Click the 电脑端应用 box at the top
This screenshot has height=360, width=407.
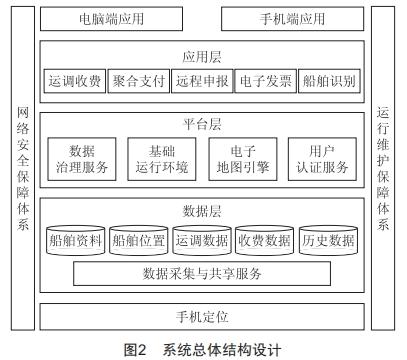click(114, 19)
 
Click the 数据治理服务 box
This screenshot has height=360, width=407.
click(82, 158)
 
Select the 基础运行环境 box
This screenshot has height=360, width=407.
click(161, 158)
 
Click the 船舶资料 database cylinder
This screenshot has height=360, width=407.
click(75, 240)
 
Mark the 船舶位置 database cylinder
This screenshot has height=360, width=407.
click(138, 240)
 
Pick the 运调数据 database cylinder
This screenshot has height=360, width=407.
click(202, 240)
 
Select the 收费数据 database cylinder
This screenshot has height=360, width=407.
click(265, 240)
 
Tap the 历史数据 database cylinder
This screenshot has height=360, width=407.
click(328, 240)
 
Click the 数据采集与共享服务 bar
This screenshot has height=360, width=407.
click(202, 272)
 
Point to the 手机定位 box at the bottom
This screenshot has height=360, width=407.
click(203, 316)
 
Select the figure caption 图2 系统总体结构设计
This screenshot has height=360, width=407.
click(203, 350)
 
